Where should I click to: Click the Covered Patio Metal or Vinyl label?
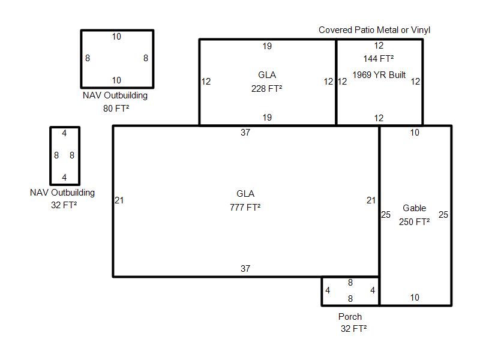pos(374,30)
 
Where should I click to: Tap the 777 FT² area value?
pos(245,207)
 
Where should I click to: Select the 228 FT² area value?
pos(266,88)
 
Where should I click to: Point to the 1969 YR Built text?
pos(379,74)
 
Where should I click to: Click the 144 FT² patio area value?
pos(379,58)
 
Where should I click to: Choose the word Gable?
pos(414,208)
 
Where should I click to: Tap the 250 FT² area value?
pos(414,221)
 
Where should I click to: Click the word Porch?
pos(350,316)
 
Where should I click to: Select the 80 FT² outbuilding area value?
pos(116,109)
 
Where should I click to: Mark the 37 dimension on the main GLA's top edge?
pos(245,132)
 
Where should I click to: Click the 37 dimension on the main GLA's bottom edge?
pos(245,268)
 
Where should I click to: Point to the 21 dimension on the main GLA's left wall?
pos(119,200)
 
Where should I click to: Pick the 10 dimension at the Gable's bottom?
pos(415,297)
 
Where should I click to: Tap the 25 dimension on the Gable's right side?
pos(443,215)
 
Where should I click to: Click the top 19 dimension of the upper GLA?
pos(267,46)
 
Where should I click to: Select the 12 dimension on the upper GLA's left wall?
pos(206,82)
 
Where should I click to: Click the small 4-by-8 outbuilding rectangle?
pos(50,155)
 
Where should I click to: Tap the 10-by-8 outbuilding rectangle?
pos(81,59)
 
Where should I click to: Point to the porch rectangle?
pos(322,291)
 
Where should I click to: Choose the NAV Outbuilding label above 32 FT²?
pos(62,192)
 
